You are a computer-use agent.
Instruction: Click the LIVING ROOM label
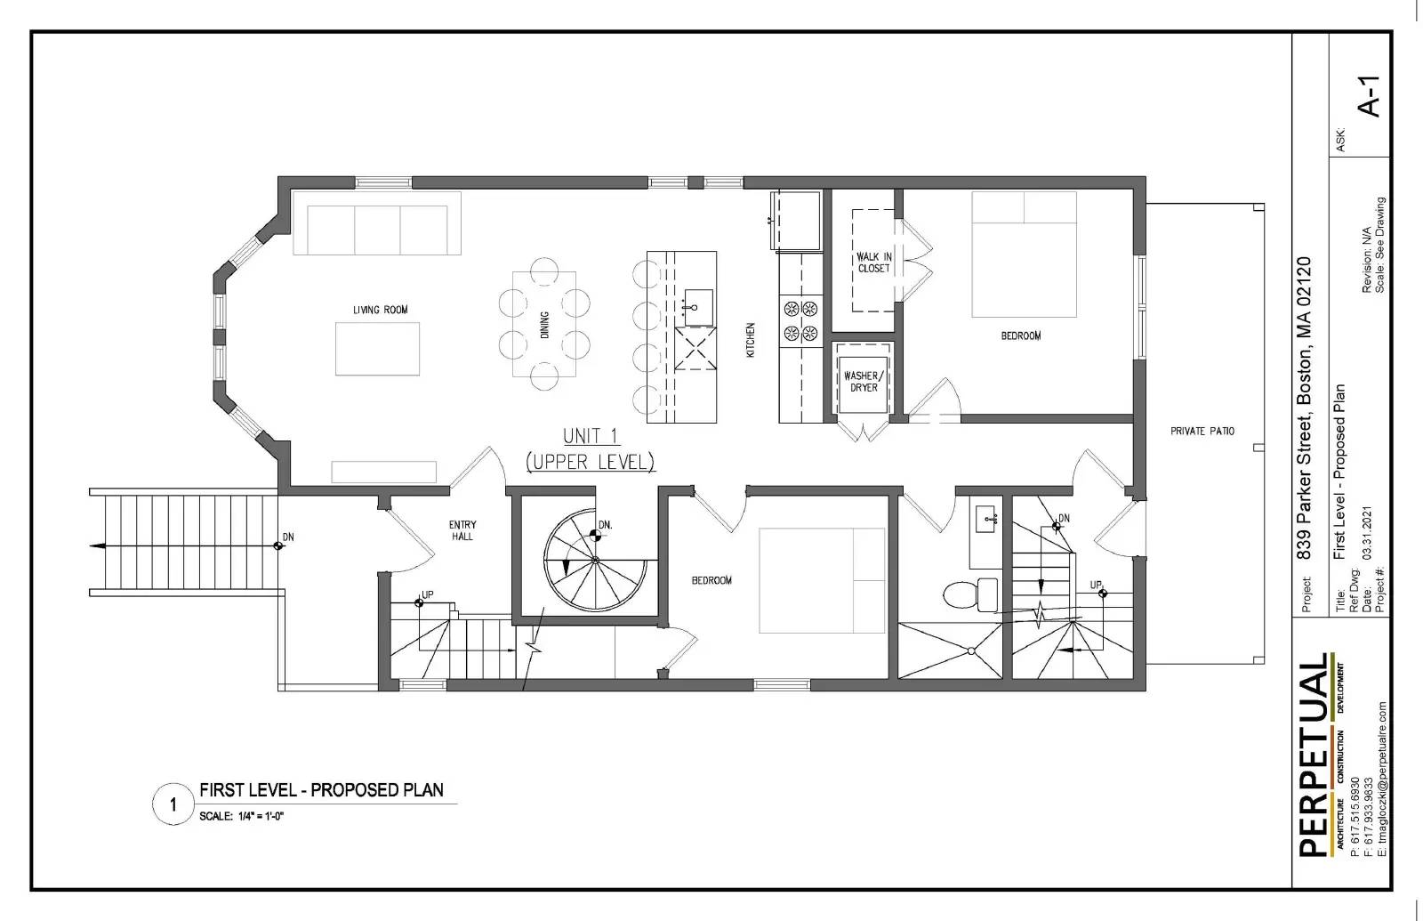click(380, 310)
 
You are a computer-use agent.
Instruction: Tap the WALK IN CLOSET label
click(874, 263)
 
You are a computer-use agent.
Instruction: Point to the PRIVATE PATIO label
click(1202, 431)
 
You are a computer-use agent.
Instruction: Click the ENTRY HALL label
click(462, 530)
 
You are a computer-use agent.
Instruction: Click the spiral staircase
click(595, 560)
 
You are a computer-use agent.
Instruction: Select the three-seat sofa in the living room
click(377, 223)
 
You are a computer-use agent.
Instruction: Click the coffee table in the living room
click(377, 348)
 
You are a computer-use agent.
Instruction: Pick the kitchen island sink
click(697, 308)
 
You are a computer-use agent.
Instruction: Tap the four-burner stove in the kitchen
click(800, 321)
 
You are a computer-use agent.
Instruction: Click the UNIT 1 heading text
click(591, 437)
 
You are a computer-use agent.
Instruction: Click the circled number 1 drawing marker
click(173, 804)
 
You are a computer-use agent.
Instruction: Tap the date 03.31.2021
click(1366, 533)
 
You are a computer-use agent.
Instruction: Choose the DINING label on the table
click(544, 324)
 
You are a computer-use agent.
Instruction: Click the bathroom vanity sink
click(985, 520)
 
